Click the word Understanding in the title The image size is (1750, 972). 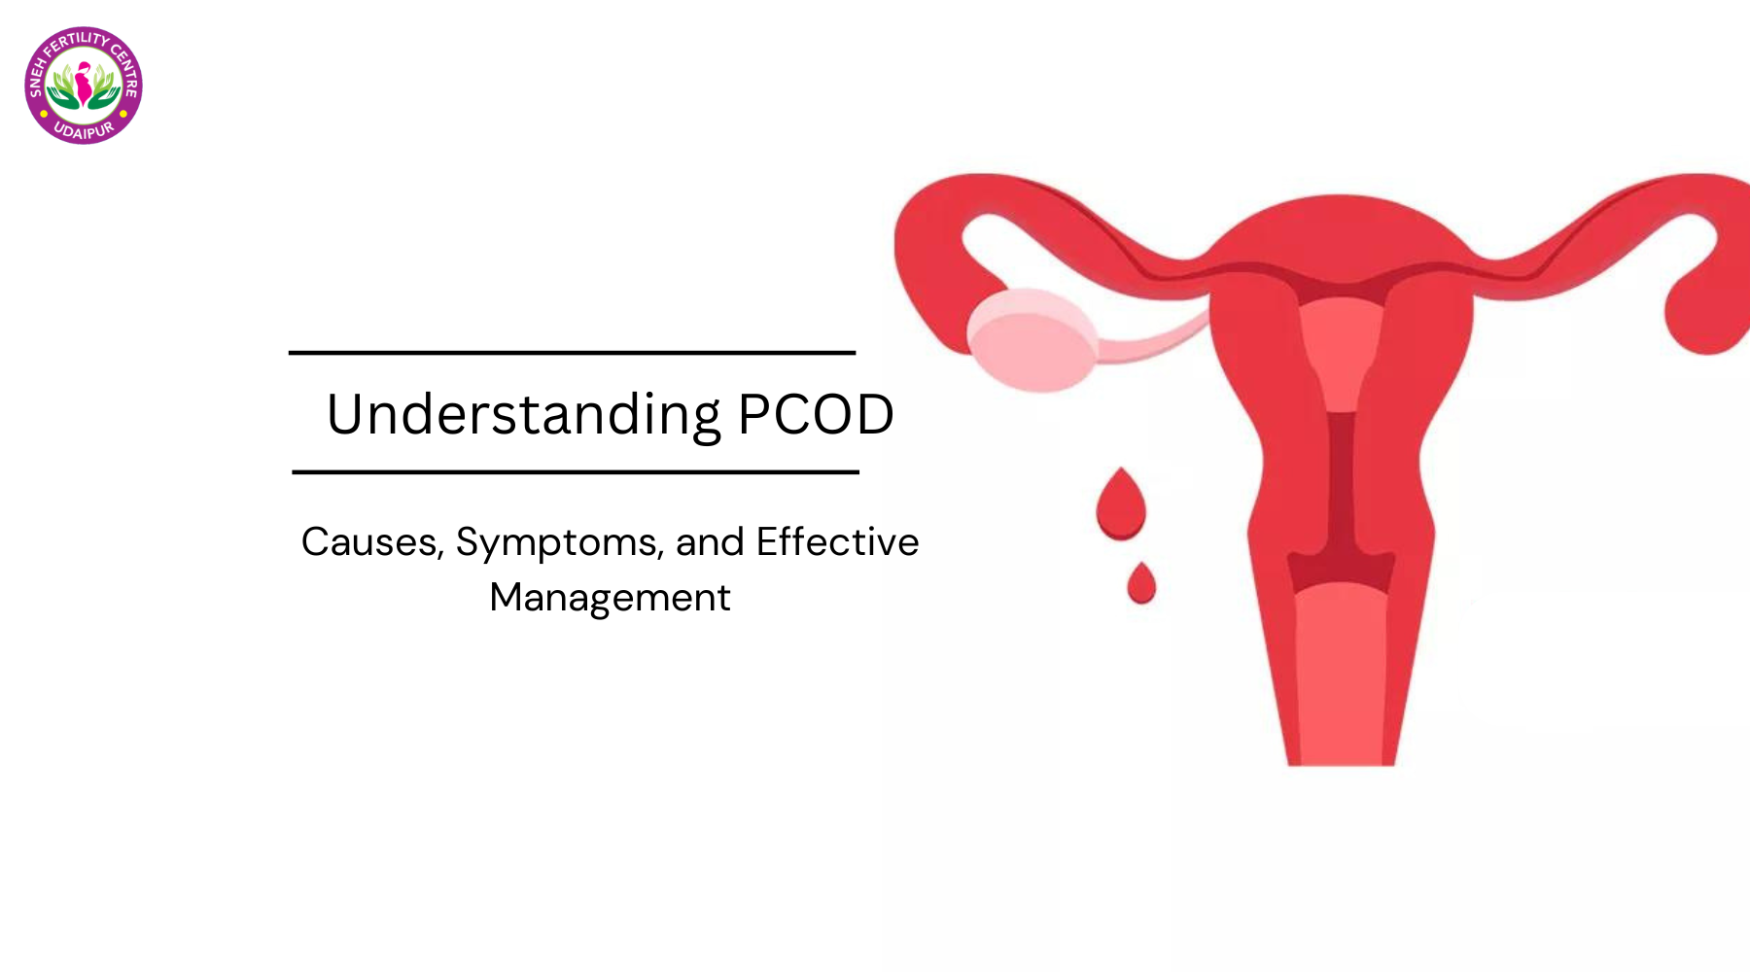524,416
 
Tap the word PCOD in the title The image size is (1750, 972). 816,415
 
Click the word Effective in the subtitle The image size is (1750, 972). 837,541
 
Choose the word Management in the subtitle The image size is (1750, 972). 610,598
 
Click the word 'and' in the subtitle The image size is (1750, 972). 710,541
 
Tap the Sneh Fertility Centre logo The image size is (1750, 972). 84,86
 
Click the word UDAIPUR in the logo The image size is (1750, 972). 84,130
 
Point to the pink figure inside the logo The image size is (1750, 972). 84,83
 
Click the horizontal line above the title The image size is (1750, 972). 572,353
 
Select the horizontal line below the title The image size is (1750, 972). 576,472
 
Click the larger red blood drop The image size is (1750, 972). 1121,503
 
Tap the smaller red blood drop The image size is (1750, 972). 1141,583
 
